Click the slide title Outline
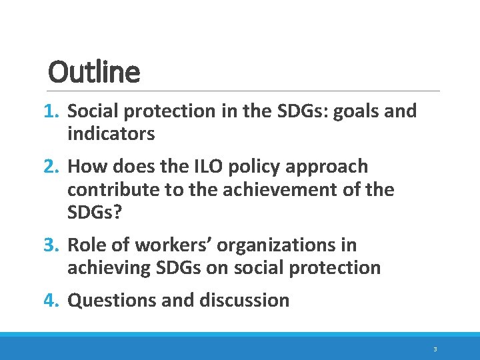[x=94, y=72]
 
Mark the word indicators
[x=111, y=134]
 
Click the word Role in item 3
[x=89, y=245]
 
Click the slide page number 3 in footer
[x=435, y=349]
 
